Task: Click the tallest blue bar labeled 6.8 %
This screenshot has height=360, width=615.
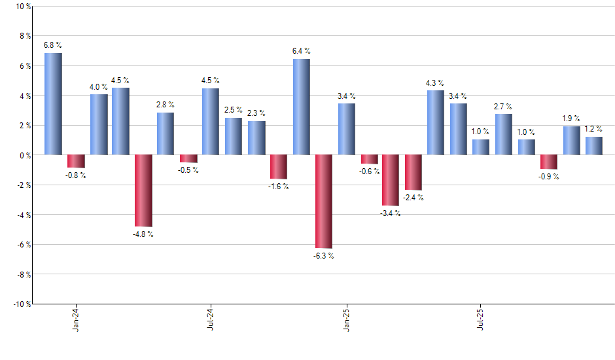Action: pyautogui.click(x=53, y=104)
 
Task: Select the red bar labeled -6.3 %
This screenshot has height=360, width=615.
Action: pyautogui.click(x=323, y=202)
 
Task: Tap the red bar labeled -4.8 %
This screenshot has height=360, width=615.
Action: pyautogui.click(x=143, y=190)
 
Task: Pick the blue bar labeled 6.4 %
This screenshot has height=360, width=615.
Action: pyautogui.click(x=301, y=107)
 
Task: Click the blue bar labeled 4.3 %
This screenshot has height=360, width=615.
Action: pyautogui.click(x=436, y=122)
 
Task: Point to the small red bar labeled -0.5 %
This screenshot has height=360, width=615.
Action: pyautogui.click(x=188, y=158)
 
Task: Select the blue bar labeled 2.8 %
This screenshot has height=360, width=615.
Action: pyautogui.click(x=166, y=134)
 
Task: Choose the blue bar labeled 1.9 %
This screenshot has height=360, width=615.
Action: pyautogui.click(x=571, y=141)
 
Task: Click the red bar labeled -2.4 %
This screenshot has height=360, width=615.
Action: pyautogui.click(x=413, y=172)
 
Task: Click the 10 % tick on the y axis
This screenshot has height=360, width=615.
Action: pyautogui.click(x=22, y=7)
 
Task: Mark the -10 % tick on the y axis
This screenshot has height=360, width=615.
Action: pyautogui.click(x=21, y=304)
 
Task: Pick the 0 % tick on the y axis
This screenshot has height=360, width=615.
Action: pyautogui.click(x=24, y=155)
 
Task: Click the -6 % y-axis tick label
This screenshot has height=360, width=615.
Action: pyautogui.click(x=23, y=244)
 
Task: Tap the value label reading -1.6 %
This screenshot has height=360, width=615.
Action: pyautogui.click(x=279, y=187)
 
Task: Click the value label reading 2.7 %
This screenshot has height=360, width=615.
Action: pyautogui.click(x=503, y=106)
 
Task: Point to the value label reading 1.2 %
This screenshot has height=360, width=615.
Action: pyautogui.click(x=594, y=129)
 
